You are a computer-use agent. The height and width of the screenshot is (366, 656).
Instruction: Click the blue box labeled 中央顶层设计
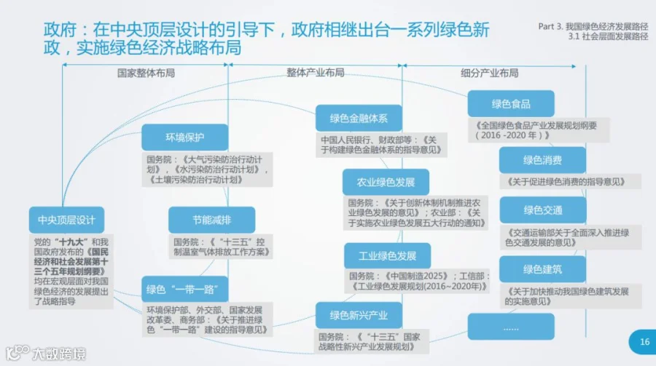click(x=66, y=220)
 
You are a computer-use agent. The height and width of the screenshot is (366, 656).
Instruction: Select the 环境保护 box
click(x=185, y=138)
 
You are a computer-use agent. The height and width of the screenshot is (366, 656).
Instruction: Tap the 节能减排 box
click(x=211, y=220)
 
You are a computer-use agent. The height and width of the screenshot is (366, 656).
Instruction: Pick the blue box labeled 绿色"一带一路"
click(x=185, y=289)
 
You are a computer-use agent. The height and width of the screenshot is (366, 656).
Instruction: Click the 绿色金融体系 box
click(x=359, y=118)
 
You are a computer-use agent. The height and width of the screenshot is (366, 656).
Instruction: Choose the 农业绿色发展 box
click(x=386, y=182)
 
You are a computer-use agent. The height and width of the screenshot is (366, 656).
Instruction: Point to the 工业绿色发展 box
click(x=388, y=255)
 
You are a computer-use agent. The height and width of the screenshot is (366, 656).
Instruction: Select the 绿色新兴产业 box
click(x=359, y=316)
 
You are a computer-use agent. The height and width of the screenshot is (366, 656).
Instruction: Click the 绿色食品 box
click(x=511, y=103)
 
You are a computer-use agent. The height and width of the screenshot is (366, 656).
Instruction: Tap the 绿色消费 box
click(x=542, y=160)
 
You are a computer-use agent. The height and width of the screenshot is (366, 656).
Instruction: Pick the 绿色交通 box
click(x=542, y=210)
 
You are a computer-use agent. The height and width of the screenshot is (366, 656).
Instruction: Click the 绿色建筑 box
click(x=542, y=269)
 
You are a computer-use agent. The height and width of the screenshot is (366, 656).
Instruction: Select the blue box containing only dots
click(x=511, y=327)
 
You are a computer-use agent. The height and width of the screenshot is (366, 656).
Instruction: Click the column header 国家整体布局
click(x=146, y=73)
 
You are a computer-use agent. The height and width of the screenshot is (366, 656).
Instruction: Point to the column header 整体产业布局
click(x=316, y=73)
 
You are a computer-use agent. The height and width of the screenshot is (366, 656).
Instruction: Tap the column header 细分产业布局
click(x=490, y=73)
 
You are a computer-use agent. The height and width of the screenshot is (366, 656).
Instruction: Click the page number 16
click(x=644, y=342)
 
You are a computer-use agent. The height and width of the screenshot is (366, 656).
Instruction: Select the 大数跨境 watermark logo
click(x=46, y=354)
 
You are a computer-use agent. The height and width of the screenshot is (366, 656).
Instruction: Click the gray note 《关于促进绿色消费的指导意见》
click(x=566, y=182)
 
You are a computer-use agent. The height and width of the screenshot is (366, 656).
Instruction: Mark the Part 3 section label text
click(x=593, y=31)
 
